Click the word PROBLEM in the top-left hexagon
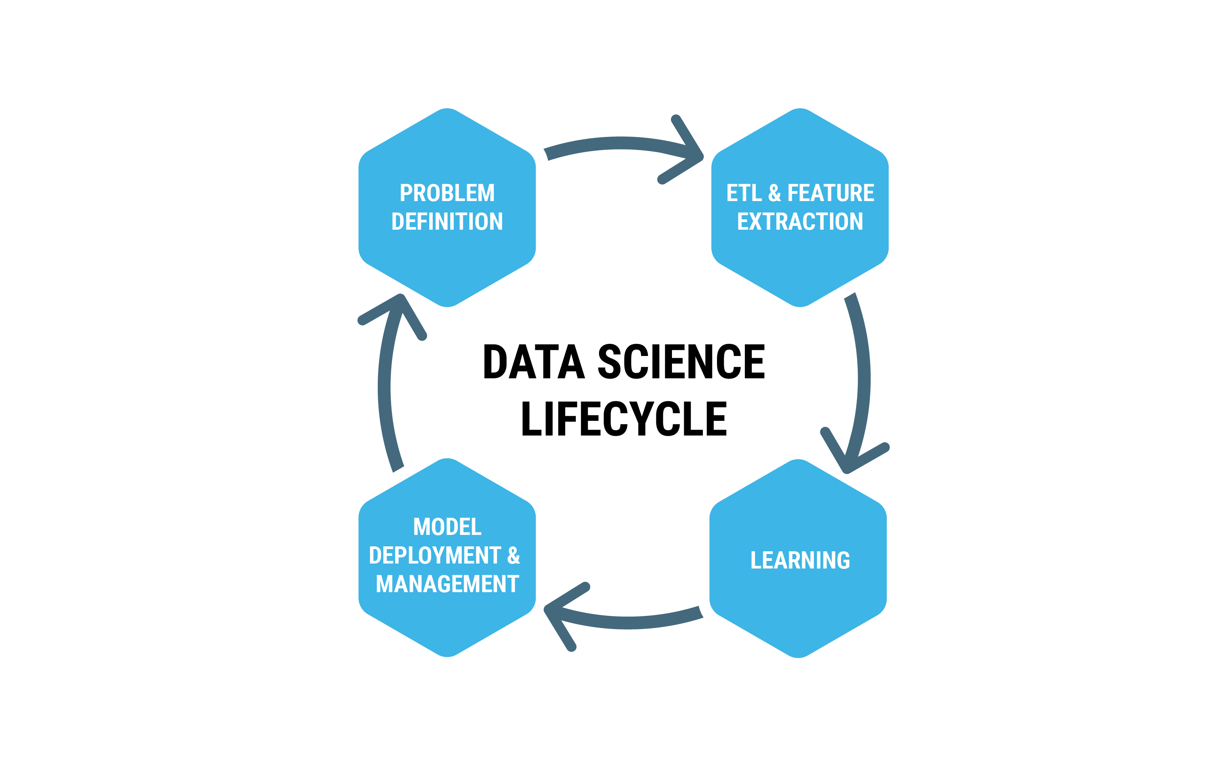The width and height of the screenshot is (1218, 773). [447, 193]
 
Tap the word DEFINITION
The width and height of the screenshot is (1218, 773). [447, 222]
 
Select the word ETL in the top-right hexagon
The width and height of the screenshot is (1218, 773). [744, 193]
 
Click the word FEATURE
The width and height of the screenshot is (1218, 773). [831, 193]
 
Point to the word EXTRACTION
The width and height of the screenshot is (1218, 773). [800, 222]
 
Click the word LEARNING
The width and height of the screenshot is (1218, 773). [800, 560]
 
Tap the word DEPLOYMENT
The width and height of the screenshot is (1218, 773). [435, 556]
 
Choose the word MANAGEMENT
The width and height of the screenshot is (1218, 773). [447, 584]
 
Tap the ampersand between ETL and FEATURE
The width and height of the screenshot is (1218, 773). [774, 193]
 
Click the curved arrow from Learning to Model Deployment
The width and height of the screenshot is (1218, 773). [632, 623]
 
